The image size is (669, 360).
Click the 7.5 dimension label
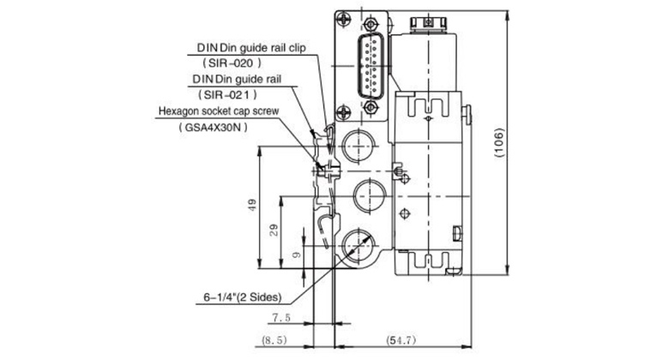[281, 317]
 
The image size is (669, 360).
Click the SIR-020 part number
[231, 63]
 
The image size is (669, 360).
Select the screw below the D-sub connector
[345, 111]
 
